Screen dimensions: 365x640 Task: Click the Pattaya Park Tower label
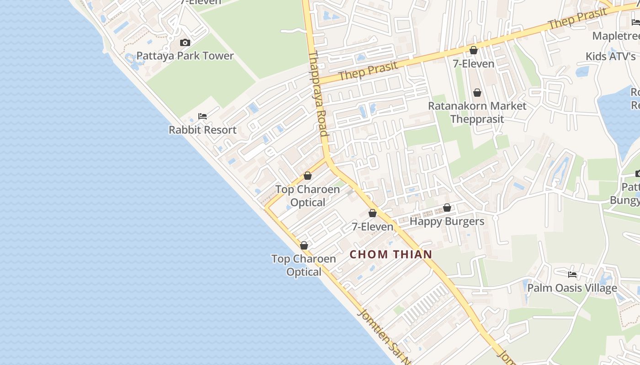click(x=185, y=56)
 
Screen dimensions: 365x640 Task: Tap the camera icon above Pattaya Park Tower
click(x=185, y=43)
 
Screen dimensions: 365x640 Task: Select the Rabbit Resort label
click(x=203, y=130)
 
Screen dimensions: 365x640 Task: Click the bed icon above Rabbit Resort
click(x=203, y=116)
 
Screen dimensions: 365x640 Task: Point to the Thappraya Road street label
click(x=318, y=94)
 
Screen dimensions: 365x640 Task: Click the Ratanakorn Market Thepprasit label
click(x=477, y=113)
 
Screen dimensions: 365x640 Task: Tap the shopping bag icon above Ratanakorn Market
click(x=477, y=93)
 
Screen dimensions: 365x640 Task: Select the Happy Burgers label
click(x=447, y=222)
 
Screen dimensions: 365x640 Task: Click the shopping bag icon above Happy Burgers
click(x=447, y=208)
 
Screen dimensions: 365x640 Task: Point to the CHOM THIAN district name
click(x=391, y=255)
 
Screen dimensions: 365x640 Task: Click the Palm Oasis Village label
click(x=572, y=288)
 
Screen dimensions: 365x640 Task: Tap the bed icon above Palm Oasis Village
click(x=572, y=275)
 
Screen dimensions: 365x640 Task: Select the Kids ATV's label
click(x=611, y=57)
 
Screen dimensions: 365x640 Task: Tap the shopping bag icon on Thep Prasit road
click(x=474, y=50)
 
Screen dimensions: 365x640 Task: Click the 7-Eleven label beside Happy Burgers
click(x=372, y=227)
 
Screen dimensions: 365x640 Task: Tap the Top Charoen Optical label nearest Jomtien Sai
click(x=304, y=266)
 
